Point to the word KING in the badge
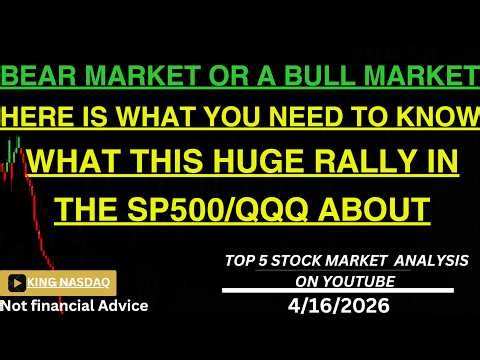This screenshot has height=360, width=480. point(49,283)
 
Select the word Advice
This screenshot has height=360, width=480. point(126,305)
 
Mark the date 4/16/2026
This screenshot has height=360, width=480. point(344,305)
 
